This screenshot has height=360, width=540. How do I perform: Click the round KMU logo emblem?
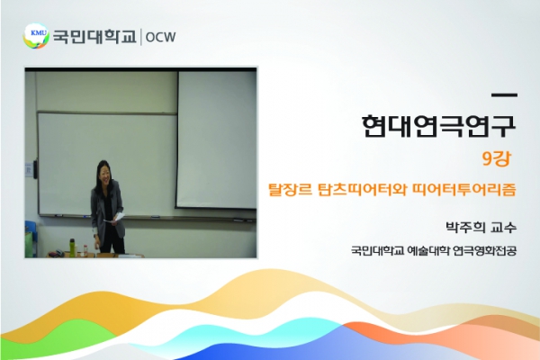tap(36, 36)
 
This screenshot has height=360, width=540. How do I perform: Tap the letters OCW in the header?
tap(160, 37)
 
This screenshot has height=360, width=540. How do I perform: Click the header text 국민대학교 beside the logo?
tap(94, 37)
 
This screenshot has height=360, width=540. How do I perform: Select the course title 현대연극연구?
tap(439, 125)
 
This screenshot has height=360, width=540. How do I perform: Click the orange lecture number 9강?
tap(496, 158)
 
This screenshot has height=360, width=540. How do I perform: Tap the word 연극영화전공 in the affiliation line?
tap(485, 250)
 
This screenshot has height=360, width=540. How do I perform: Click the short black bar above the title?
tap(504, 94)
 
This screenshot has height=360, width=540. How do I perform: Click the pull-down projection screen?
tap(217, 139)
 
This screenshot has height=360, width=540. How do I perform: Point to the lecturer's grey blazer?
tap(107, 209)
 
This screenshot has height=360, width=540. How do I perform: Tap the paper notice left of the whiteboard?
tap(29, 170)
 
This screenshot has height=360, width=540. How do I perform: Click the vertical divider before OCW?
tap(141, 37)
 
